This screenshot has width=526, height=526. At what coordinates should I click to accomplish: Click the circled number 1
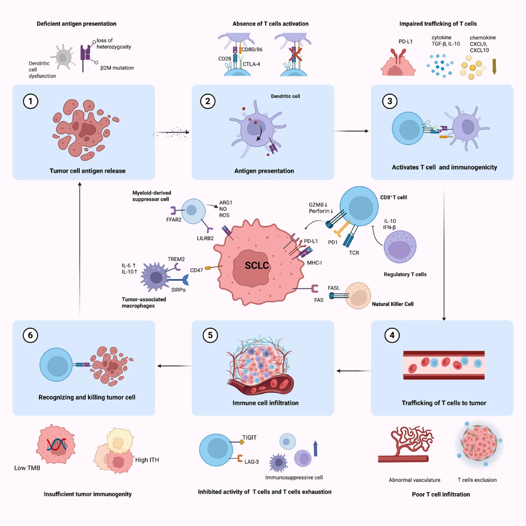(31, 101)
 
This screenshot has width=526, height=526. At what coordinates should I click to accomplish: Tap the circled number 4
(392, 335)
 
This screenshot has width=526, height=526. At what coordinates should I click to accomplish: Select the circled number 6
(30, 335)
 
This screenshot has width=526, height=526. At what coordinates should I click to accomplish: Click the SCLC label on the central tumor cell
(257, 265)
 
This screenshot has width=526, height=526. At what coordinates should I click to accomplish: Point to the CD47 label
(196, 270)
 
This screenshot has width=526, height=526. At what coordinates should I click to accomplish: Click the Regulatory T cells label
(405, 274)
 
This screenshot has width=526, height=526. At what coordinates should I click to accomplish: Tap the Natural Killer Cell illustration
(358, 296)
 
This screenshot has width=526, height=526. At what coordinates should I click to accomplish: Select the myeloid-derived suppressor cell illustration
(193, 211)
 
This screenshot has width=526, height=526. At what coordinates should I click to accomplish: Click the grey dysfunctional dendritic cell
(63, 58)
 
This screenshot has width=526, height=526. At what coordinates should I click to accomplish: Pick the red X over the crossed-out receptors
(295, 54)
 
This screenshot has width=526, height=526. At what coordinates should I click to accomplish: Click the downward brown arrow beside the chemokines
(494, 66)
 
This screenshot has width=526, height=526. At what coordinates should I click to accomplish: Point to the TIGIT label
(249, 438)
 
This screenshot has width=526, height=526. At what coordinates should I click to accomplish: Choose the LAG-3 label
(251, 462)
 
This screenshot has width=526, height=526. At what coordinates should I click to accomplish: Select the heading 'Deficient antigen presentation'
(77, 24)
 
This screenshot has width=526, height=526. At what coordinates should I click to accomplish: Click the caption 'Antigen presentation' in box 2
(264, 171)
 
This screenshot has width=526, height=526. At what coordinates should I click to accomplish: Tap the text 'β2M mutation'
(117, 68)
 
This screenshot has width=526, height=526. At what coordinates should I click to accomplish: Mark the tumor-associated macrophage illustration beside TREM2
(155, 277)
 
